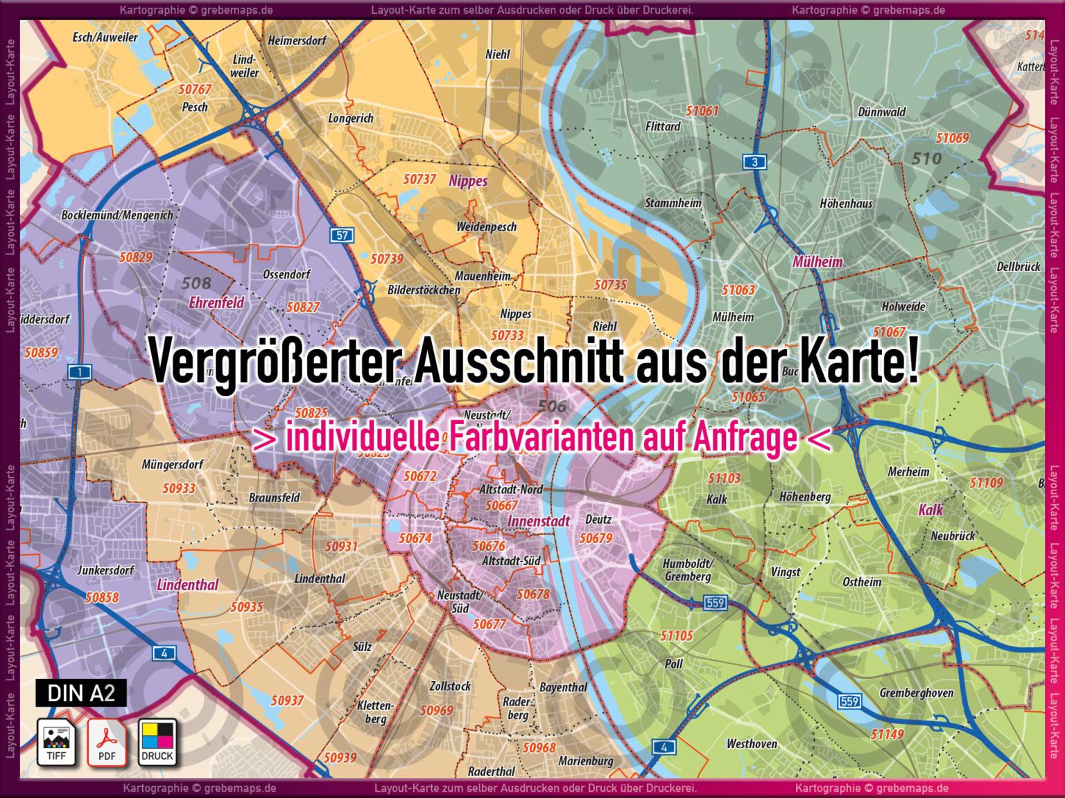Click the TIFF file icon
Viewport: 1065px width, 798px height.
(x=56, y=742)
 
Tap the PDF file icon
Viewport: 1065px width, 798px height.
(x=107, y=742)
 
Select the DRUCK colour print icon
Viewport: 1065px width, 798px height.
(x=157, y=742)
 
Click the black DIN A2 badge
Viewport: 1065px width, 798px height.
(x=81, y=693)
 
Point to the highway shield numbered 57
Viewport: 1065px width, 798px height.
(x=342, y=235)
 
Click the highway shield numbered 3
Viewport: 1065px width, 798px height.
(x=754, y=162)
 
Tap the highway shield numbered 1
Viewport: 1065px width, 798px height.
(x=80, y=372)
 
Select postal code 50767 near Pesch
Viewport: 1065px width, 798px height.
(x=195, y=89)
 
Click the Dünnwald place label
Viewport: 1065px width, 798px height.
(x=882, y=112)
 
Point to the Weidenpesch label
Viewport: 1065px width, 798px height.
(x=486, y=227)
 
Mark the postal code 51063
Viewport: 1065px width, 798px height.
(x=738, y=290)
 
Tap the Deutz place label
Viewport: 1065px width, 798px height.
(x=598, y=520)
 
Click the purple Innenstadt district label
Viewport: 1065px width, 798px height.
(x=539, y=521)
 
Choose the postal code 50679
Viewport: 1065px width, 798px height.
(x=596, y=538)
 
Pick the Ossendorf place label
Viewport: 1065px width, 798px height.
(x=286, y=274)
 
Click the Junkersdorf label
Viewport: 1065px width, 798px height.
(x=105, y=570)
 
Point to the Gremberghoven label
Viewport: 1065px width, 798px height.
(x=916, y=693)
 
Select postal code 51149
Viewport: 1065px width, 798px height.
(x=887, y=734)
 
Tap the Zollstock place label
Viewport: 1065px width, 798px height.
(x=450, y=686)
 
